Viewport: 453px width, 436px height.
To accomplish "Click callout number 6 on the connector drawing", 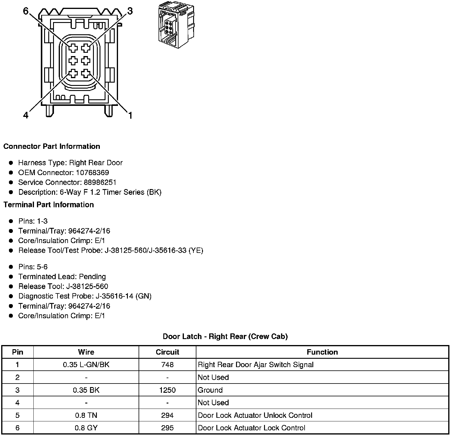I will pos(26,11).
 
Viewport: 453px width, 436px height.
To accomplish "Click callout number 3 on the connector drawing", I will pos(130,11).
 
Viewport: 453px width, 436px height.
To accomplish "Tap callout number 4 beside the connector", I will pos(26,115).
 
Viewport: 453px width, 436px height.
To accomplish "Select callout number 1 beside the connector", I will pos(130,115).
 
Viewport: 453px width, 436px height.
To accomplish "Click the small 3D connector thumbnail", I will pos(176,25).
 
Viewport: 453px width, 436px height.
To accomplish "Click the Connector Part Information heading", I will pos(52,146).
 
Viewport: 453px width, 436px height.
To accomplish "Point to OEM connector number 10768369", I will pos(92,173).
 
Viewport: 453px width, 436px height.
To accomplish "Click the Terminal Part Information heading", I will pos(49,205).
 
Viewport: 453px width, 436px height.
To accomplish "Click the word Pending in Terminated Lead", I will pos(92,277).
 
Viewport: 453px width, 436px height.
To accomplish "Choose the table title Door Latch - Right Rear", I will pos(225,337).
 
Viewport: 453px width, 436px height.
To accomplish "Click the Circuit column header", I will pos(167,352).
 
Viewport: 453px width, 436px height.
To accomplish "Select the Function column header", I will pos(322,352).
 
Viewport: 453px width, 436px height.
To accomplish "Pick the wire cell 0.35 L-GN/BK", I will pos(86,365).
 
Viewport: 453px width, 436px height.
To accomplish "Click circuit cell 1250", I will pos(167,390).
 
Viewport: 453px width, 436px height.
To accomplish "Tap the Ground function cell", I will pos(210,390).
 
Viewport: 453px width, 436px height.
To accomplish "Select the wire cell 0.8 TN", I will pos(86,415).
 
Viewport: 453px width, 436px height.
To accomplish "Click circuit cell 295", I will pos(167,428).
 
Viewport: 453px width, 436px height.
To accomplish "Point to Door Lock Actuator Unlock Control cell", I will pos(255,415).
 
